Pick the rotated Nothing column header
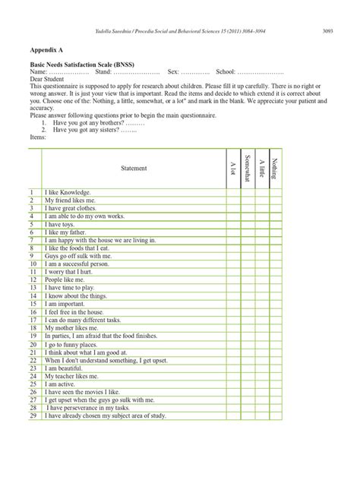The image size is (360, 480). pyautogui.click(x=275, y=168)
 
